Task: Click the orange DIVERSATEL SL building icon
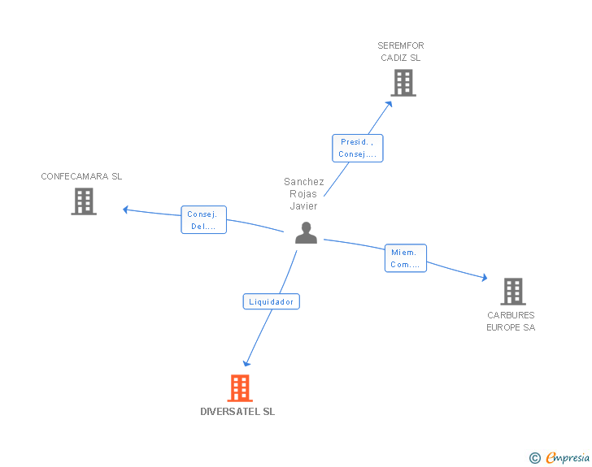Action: click(240, 387)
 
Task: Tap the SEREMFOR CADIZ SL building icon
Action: click(403, 83)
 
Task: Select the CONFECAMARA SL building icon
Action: click(84, 201)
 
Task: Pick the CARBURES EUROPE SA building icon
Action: click(513, 292)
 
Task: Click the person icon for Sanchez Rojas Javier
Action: click(306, 233)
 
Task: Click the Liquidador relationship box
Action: click(271, 301)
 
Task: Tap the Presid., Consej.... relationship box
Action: click(358, 149)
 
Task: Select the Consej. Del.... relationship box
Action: click(203, 219)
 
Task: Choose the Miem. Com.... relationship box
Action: click(406, 258)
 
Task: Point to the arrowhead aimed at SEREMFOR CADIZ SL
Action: click(390, 104)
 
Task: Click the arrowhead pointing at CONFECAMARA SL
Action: click(126, 210)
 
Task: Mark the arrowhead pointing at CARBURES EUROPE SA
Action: click(485, 278)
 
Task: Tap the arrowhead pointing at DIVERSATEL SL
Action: click(246, 363)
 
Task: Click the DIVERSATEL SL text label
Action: click(237, 411)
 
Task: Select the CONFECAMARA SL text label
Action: click(81, 176)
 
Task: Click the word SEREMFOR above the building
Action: click(401, 45)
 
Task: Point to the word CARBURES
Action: click(511, 315)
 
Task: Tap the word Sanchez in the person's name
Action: click(304, 182)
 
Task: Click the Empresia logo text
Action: click(568, 457)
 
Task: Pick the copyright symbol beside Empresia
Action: click(535, 458)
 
